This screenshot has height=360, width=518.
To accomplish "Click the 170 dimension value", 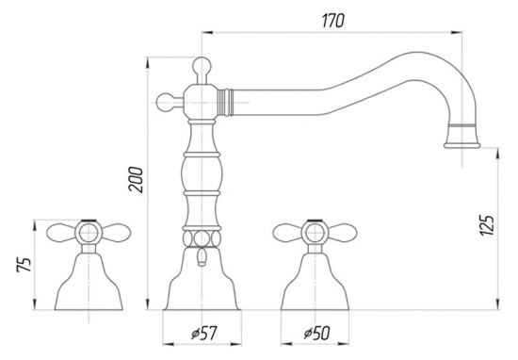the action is (333, 21).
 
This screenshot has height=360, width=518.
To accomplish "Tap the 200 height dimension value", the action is (137, 179).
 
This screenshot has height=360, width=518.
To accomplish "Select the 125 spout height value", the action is (487, 225).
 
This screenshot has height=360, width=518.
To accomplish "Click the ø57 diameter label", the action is (204, 334).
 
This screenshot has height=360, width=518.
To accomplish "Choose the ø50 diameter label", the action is (316, 334).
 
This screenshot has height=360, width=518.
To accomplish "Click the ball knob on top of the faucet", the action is (202, 65).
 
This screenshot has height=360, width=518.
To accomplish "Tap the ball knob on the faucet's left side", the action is (165, 103).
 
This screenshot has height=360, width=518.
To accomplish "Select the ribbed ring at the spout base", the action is (225, 103).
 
